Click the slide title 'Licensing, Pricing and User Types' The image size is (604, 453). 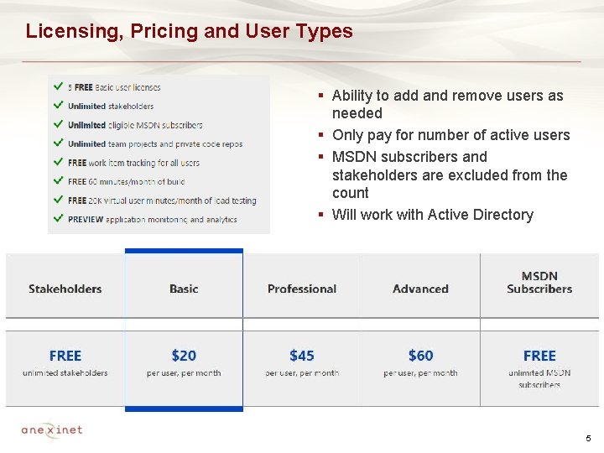tap(189, 32)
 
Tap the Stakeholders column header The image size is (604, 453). tap(65, 289)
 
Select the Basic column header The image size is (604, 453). tap(184, 289)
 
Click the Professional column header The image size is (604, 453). tap(302, 289)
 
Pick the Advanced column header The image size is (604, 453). tap(420, 289)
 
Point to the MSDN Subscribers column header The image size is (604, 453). tap(539, 283)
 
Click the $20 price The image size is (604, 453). tap(184, 356)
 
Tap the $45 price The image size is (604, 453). tap(302, 356)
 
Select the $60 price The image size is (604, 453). tap(420, 356)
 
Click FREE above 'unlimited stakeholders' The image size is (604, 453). tap(65, 356)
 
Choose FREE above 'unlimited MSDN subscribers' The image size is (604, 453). tap(539, 356)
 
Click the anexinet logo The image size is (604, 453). tap(52, 430)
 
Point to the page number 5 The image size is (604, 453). tap(588, 439)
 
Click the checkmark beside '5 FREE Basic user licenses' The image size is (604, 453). tap(57, 86)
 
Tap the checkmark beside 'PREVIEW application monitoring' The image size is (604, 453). tap(57, 218)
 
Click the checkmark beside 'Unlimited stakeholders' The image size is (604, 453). tap(57, 106)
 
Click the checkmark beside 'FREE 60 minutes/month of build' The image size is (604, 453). tap(57, 180)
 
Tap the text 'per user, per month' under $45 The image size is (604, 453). tap(302, 373)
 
